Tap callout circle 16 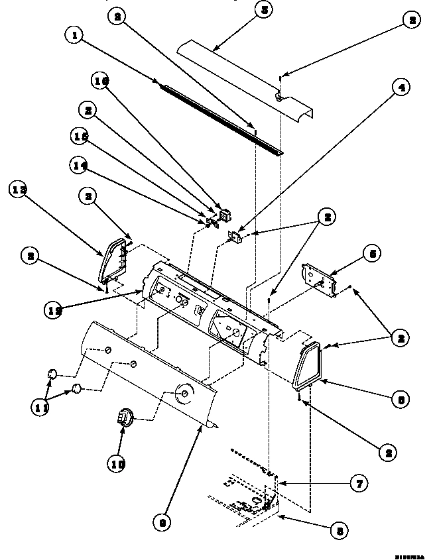pos(101,81)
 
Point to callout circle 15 pos(81,136)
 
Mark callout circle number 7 pos(358,484)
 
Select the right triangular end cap pos(306,364)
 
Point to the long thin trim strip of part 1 pos(219,116)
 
